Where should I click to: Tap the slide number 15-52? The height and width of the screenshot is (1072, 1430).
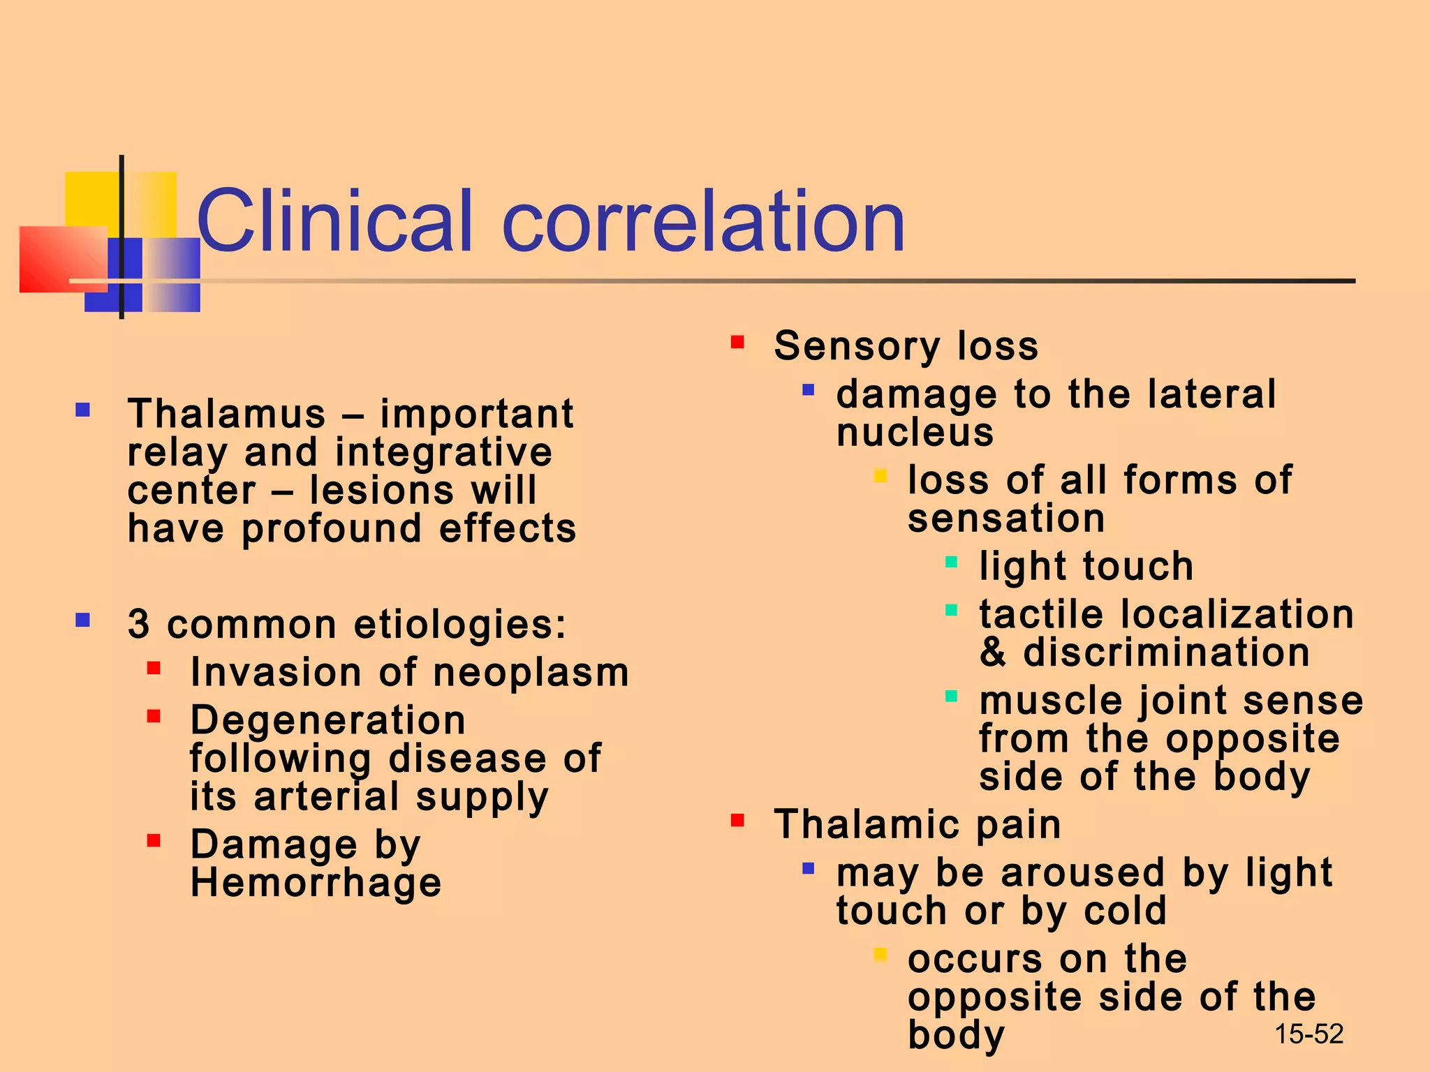pos(1309,1034)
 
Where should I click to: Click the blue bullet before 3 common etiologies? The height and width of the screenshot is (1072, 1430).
pos(83,620)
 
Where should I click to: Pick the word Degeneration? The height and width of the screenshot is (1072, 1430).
pos(327,720)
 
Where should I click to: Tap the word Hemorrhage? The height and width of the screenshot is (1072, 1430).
pos(316,883)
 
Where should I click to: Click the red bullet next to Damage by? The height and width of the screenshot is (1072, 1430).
pos(154,840)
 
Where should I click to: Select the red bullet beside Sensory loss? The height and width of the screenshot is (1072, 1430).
pos(737,342)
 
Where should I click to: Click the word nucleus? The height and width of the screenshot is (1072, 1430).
pos(915,433)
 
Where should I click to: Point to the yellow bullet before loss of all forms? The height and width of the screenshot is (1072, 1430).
pos(880,477)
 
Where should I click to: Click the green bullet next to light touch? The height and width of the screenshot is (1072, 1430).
pos(951,562)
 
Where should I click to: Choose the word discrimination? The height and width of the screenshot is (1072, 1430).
pos(1166,653)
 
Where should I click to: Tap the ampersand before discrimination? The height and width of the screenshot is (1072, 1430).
pos(993,653)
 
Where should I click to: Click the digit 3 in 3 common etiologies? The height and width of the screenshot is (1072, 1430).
pos(138,624)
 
